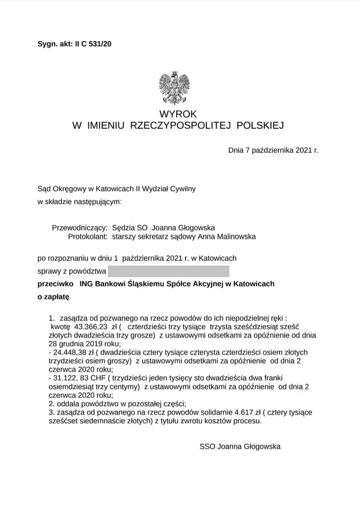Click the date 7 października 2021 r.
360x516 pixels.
(273, 151)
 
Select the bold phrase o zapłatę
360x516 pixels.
(53, 296)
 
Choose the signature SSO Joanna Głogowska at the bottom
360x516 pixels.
(240, 447)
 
